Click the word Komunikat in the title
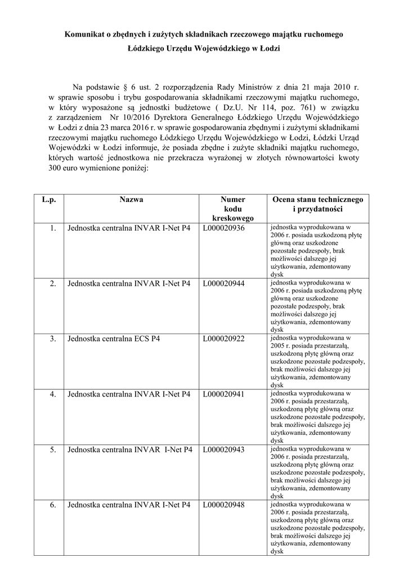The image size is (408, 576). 84,35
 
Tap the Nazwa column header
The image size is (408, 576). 131,200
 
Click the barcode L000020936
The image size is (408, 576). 223,228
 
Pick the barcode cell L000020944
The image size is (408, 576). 223,283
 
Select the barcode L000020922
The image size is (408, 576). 223,339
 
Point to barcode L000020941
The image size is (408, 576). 223,394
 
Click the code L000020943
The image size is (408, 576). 223,450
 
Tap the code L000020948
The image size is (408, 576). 223,505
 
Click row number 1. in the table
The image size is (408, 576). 53,228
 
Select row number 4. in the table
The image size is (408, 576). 53,394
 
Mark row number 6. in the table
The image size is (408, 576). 53,505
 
